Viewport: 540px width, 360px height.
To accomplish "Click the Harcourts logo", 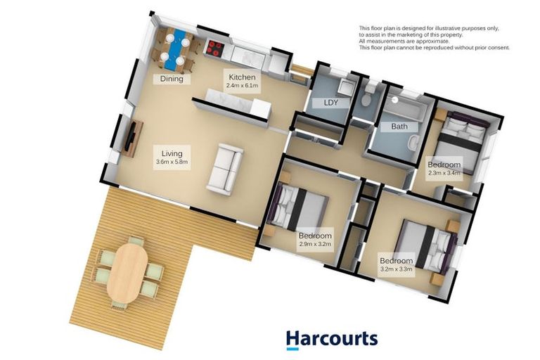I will coord(331,340).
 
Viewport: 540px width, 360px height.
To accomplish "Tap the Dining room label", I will coord(172,79).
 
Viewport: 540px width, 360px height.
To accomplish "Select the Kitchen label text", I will coord(241,77).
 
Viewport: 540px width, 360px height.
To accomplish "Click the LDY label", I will coord(330,103).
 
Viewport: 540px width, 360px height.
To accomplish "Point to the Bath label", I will coord(399,127).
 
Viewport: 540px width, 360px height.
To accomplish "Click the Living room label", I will coord(172,153).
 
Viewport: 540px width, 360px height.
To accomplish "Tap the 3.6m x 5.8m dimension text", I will coord(172,162).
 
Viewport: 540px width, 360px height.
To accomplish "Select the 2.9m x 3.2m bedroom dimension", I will coord(314,244).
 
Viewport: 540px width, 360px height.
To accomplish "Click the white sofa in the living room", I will coord(225,168).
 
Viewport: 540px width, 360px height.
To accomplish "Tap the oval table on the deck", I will coord(129,271).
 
